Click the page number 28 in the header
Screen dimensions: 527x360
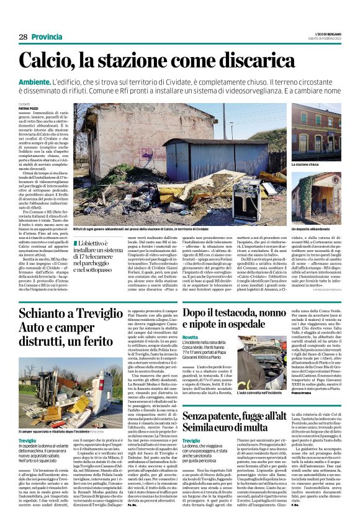(x=23, y=37)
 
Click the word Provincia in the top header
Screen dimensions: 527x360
(x=47, y=37)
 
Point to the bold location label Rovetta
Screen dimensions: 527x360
(x=192, y=353)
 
